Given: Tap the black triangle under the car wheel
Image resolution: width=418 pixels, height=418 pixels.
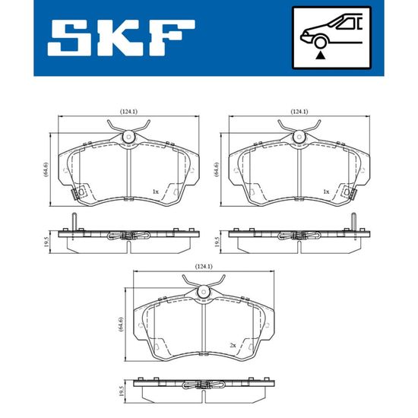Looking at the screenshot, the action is pos(321,55).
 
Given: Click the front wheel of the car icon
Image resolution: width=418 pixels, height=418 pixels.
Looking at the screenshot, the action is pos(320,43).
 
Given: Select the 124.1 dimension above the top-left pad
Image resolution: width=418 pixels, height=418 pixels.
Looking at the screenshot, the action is pos(128,112).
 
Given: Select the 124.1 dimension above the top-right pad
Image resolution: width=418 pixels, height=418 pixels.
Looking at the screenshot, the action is pos(299,112).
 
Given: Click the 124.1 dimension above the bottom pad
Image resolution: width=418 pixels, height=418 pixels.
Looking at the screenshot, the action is pos(204,266).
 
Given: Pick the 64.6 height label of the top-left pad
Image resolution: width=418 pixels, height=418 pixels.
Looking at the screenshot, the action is pos(46,169).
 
